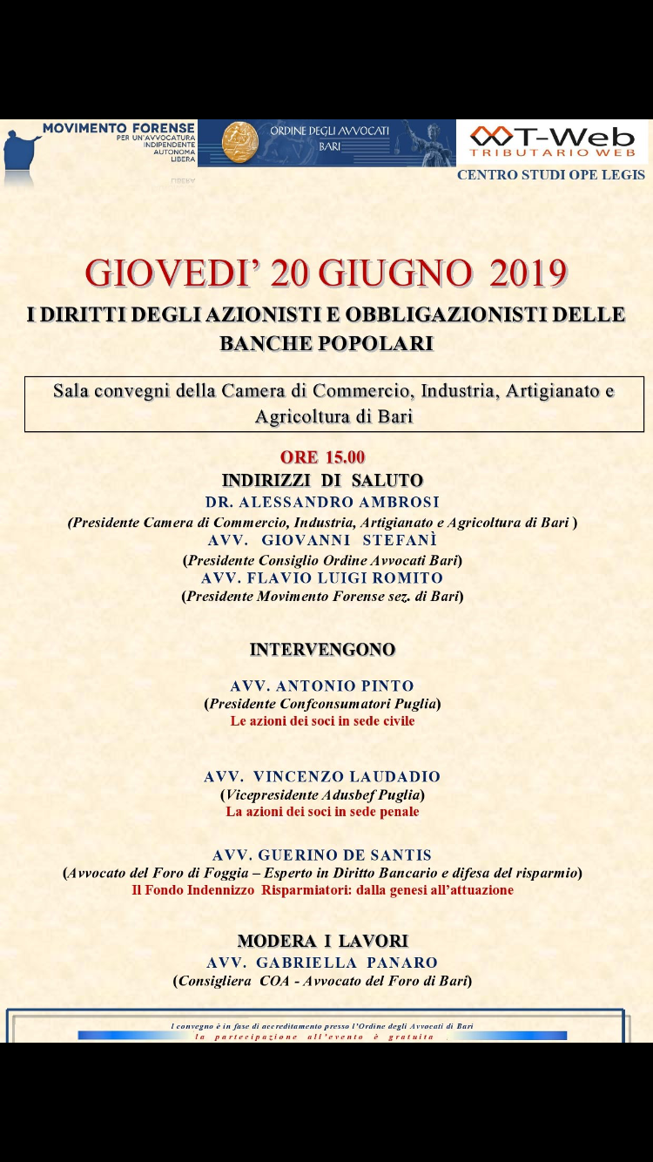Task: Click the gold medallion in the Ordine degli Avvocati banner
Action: click(239, 142)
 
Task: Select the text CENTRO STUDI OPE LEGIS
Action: click(551, 175)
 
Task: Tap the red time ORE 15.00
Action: click(322, 457)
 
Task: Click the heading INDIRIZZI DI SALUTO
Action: click(322, 481)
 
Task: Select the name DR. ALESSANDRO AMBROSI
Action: click(322, 503)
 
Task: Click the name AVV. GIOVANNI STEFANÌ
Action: click(322, 540)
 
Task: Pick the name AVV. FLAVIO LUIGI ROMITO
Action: click(322, 578)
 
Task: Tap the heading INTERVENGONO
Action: click(322, 650)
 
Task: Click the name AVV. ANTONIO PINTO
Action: click(322, 686)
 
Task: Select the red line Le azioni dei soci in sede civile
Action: click(322, 721)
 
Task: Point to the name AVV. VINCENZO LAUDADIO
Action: click(322, 777)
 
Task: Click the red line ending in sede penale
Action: click(322, 812)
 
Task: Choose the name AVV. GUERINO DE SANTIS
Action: click(322, 855)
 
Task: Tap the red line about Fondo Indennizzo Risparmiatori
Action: click(322, 890)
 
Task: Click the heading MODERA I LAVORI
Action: click(322, 941)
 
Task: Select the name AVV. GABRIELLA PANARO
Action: click(322, 963)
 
